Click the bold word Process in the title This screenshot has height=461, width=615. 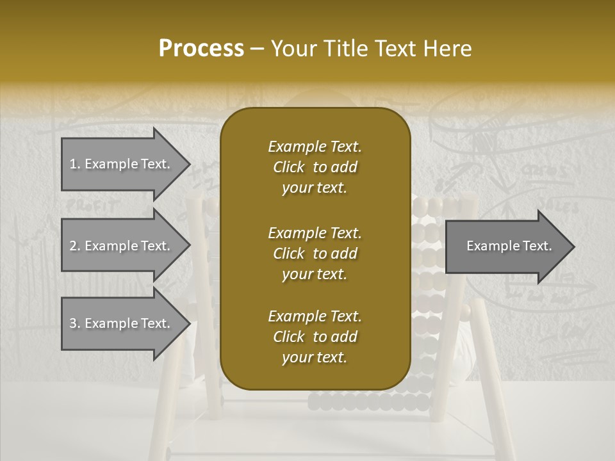coord(201,49)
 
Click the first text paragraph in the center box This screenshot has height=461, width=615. coord(315,167)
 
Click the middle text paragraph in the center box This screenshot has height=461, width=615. coord(315,254)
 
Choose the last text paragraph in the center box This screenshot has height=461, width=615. coord(315,337)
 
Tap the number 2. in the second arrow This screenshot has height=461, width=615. coord(75,246)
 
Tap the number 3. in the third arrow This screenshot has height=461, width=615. coord(75,323)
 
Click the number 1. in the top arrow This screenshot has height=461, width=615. coord(75,164)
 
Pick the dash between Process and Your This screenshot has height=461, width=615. coord(258,49)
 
